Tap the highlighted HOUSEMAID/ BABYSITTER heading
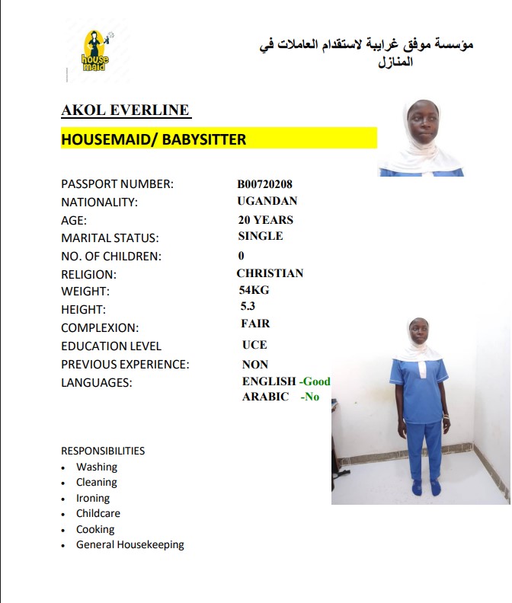pyautogui.click(x=154, y=139)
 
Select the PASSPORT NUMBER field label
pyautogui.click(x=117, y=183)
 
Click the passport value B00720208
pyautogui.click(x=265, y=183)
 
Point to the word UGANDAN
pyautogui.click(x=267, y=201)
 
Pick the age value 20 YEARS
pyautogui.click(x=266, y=219)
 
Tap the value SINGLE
pyautogui.click(x=261, y=236)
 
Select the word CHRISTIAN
pyautogui.click(x=270, y=273)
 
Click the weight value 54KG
pyautogui.click(x=254, y=290)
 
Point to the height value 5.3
pyautogui.click(x=248, y=306)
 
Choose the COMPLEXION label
pyautogui.click(x=100, y=328)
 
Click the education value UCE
pyautogui.click(x=254, y=345)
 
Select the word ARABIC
pyautogui.click(x=265, y=397)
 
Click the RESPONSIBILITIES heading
pyautogui.click(x=103, y=451)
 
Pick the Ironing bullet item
pyautogui.click(x=93, y=498)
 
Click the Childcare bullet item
pyautogui.click(x=98, y=513)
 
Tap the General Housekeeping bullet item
pyautogui.click(x=130, y=544)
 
